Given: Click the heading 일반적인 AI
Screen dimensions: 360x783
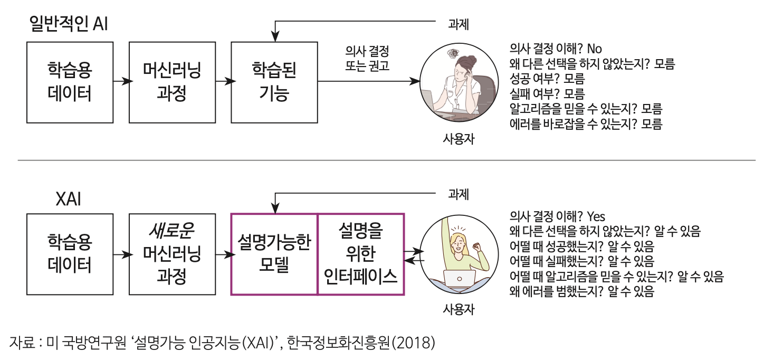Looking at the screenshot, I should pyautogui.click(x=69, y=24).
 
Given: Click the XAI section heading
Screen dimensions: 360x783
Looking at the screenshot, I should pyautogui.click(x=69, y=200).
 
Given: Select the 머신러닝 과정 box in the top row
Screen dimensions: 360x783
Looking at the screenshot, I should pyautogui.click(x=172, y=82).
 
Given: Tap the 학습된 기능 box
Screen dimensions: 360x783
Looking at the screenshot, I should pyautogui.click(x=274, y=82).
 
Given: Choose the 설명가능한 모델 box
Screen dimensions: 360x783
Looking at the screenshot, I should pyautogui.click(x=274, y=254).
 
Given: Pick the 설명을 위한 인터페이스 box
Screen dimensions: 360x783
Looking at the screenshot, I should pyautogui.click(x=361, y=254).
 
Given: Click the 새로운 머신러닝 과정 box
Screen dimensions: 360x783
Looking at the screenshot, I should pyautogui.click(x=172, y=254).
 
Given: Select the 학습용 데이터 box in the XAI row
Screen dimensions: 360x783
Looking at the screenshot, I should pyautogui.click(x=70, y=254).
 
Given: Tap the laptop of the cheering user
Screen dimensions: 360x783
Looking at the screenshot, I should pyautogui.click(x=459, y=279).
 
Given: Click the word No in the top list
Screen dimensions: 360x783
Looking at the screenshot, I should pyautogui.click(x=594, y=49).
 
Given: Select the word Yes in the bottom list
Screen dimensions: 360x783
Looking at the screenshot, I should pyautogui.click(x=596, y=216).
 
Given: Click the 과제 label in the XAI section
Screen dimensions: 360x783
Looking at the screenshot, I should pyautogui.click(x=458, y=194).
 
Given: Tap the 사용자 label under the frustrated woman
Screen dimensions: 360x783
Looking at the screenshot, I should pyautogui.click(x=458, y=139).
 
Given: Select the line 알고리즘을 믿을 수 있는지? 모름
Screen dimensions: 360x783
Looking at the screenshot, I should pyautogui.click(x=586, y=109).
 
